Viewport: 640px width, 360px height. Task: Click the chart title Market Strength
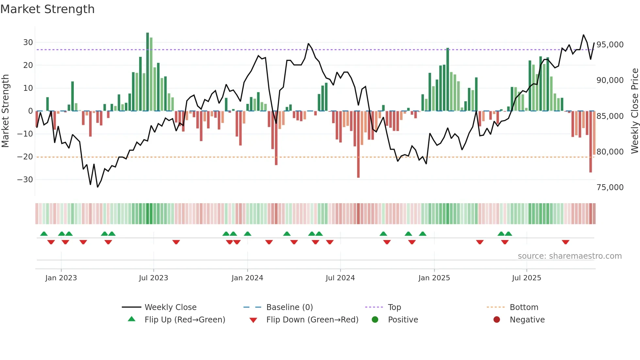[x=47, y=9]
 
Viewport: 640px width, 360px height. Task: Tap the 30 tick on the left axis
[x=28, y=42]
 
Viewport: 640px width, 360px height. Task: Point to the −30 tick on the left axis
[x=25, y=180]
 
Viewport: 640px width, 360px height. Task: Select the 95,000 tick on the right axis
[x=610, y=45]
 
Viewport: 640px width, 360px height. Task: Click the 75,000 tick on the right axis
[x=610, y=188]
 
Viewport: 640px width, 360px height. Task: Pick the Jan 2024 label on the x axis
[x=247, y=278]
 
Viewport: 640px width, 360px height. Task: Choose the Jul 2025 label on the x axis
[x=526, y=278]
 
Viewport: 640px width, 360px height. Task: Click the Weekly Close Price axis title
[x=634, y=111]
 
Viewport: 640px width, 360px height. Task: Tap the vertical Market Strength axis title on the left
[x=5, y=111]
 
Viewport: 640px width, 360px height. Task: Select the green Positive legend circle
[x=375, y=320]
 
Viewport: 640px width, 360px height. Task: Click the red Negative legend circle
[x=497, y=320]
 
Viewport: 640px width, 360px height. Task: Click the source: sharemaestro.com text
[x=569, y=256]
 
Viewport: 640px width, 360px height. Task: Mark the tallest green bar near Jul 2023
[x=148, y=72]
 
